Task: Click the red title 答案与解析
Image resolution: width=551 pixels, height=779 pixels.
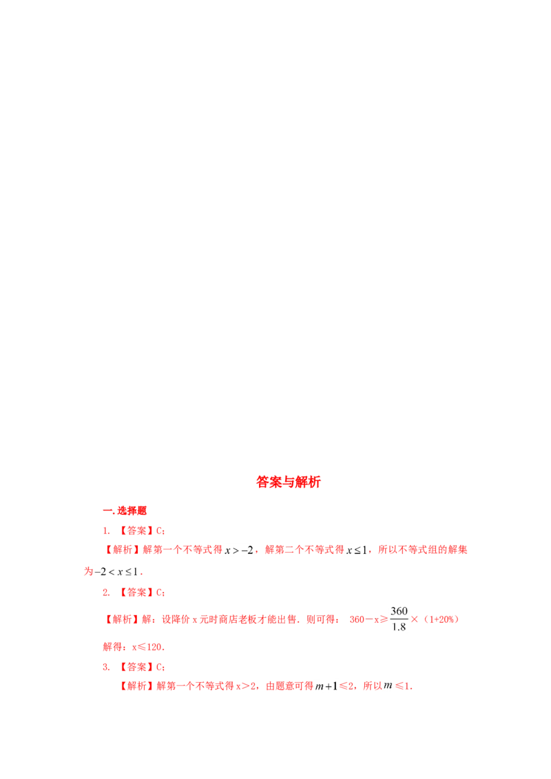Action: tap(289, 482)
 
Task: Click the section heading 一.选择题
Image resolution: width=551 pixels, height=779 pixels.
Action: tap(125, 511)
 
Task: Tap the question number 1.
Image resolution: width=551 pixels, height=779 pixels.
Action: tap(107, 531)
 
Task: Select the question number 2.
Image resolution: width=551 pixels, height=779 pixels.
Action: tap(107, 593)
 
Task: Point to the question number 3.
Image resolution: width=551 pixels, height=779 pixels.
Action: tap(107, 667)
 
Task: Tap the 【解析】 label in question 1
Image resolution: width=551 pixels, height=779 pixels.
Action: tap(123, 549)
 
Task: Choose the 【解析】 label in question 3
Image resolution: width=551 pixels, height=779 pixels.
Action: tap(137, 685)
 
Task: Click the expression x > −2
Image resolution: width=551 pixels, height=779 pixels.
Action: tap(239, 550)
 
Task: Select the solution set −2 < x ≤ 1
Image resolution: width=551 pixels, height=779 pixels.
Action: tap(116, 572)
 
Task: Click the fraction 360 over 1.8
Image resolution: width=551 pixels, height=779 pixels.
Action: tap(399, 619)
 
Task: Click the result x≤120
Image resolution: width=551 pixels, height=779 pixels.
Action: tap(147, 647)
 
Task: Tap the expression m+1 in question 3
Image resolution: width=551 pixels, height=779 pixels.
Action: tap(326, 686)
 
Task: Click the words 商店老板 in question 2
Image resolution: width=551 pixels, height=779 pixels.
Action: tap(238, 619)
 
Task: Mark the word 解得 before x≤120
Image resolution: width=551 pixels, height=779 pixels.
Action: tap(112, 647)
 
